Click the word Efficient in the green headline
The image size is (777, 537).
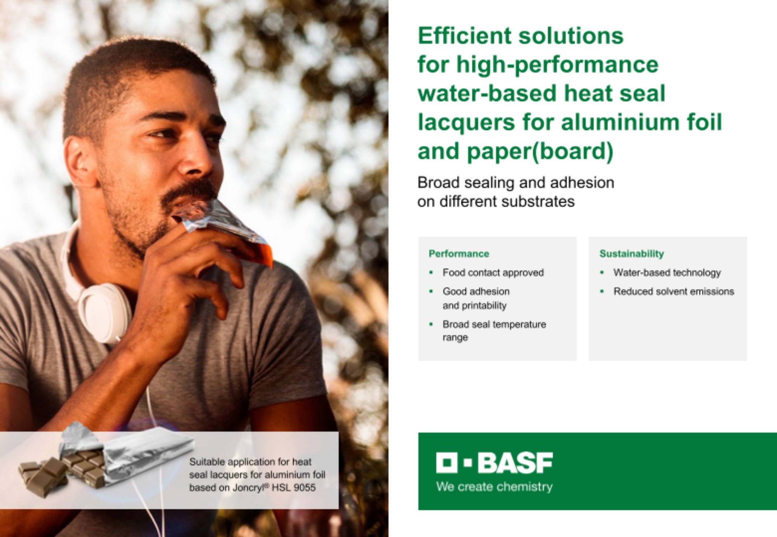464,36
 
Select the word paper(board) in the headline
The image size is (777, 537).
540,151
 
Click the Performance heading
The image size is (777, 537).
459,254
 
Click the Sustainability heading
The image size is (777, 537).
632,254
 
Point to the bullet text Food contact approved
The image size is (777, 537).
493,273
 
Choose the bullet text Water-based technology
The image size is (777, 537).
667,273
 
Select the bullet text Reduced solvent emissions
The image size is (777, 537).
674,291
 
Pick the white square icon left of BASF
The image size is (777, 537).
447,463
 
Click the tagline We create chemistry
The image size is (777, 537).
494,487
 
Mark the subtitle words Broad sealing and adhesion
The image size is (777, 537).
516,182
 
